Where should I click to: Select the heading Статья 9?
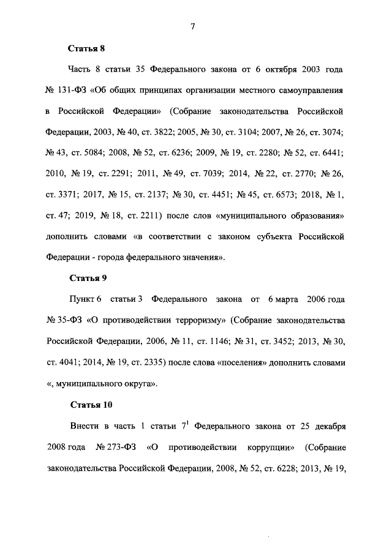point(88,278)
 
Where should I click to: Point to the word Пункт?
point(83,299)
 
